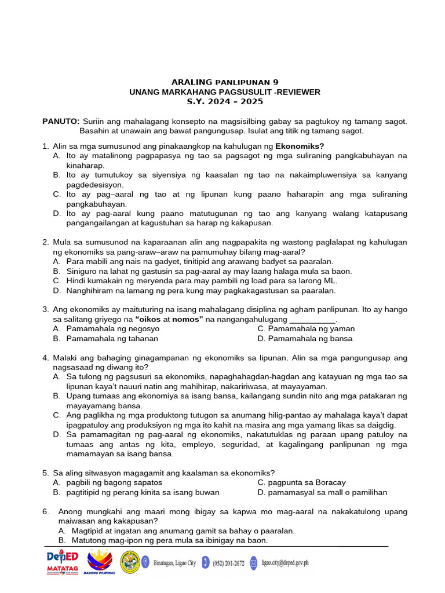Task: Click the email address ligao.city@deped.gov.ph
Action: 285,562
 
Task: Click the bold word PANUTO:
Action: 61,121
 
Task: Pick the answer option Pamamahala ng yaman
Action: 306,328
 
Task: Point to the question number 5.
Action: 45,472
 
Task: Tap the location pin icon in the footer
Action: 145,562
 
